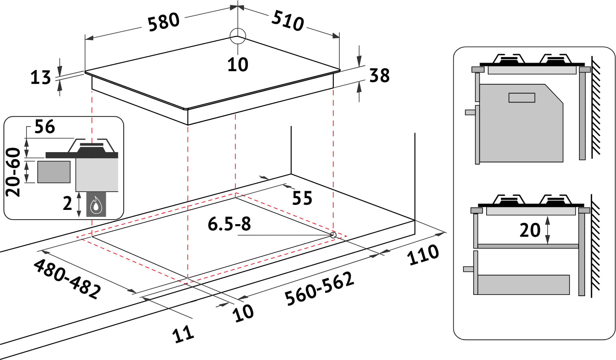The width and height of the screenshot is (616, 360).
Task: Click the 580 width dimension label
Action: (x=163, y=22)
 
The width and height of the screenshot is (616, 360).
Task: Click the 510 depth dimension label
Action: (x=288, y=21)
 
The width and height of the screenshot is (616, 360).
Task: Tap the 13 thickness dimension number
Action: (x=40, y=77)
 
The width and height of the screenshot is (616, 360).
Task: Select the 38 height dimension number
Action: (x=379, y=76)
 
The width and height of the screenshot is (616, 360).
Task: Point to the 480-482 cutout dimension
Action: (x=67, y=279)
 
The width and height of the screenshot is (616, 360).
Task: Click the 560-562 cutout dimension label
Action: (x=319, y=288)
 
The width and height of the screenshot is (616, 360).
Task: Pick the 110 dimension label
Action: (x=423, y=255)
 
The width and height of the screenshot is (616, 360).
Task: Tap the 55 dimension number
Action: (x=302, y=199)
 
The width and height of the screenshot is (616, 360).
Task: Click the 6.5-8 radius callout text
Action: (x=229, y=224)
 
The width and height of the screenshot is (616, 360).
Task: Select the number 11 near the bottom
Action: (x=183, y=334)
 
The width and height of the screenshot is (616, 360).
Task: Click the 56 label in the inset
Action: (x=44, y=127)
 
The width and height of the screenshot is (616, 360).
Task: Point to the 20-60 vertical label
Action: (x=14, y=172)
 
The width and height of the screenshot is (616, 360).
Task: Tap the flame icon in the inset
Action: (x=96, y=205)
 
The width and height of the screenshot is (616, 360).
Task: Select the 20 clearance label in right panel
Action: (x=530, y=230)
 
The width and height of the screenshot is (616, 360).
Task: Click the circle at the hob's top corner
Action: (x=238, y=36)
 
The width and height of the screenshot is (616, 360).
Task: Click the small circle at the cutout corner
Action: (x=333, y=235)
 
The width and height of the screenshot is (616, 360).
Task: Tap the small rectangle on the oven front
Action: (x=522, y=98)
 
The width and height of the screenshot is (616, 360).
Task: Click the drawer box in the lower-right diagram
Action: (x=523, y=285)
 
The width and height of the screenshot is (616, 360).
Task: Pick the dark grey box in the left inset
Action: (x=54, y=172)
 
